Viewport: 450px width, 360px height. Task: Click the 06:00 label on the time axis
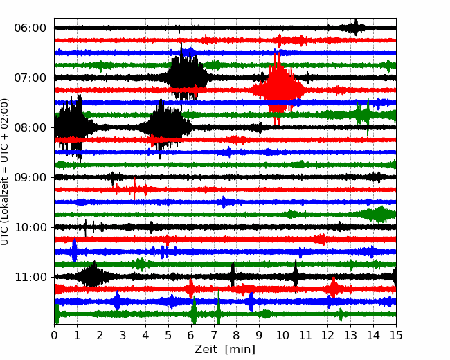point(30,28)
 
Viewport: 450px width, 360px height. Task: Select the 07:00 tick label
point(30,78)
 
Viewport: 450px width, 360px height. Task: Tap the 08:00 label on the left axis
point(30,127)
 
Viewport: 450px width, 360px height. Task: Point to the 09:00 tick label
point(30,177)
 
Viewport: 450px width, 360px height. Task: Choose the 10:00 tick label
point(30,227)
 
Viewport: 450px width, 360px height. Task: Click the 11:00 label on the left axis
point(30,277)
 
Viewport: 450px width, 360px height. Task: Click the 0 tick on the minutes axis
point(55,336)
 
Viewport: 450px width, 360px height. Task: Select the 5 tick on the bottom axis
point(168,336)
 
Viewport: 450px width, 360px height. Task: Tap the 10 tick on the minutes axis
point(282,336)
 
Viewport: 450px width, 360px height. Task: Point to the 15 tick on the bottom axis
point(395,336)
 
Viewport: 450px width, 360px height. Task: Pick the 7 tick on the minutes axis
point(214,336)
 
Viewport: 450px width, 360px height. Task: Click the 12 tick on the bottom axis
point(327,336)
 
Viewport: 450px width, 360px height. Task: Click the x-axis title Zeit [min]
point(224,350)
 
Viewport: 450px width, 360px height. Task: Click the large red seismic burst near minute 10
point(278,89)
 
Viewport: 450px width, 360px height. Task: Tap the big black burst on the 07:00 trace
point(185,75)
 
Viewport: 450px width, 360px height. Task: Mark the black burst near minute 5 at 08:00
point(165,126)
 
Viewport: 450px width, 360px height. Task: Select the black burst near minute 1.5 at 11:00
point(91,276)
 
